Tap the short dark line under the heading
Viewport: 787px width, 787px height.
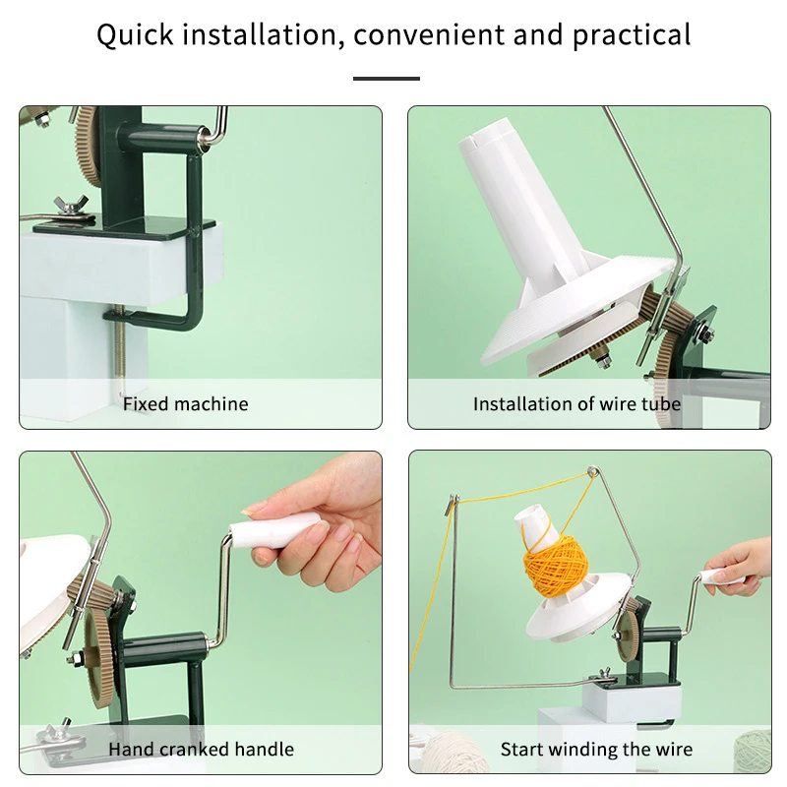pyautogui.click(x=386, y=79)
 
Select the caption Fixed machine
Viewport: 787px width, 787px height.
pyautogui.click(x=186, y=404)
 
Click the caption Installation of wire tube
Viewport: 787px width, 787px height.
pyautogui.click(x=576, y=404)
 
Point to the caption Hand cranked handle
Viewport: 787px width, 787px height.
pyautogui.click(x=201, y=750)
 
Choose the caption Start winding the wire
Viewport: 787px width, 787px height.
pyautogui.click(x=596, y=750)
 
